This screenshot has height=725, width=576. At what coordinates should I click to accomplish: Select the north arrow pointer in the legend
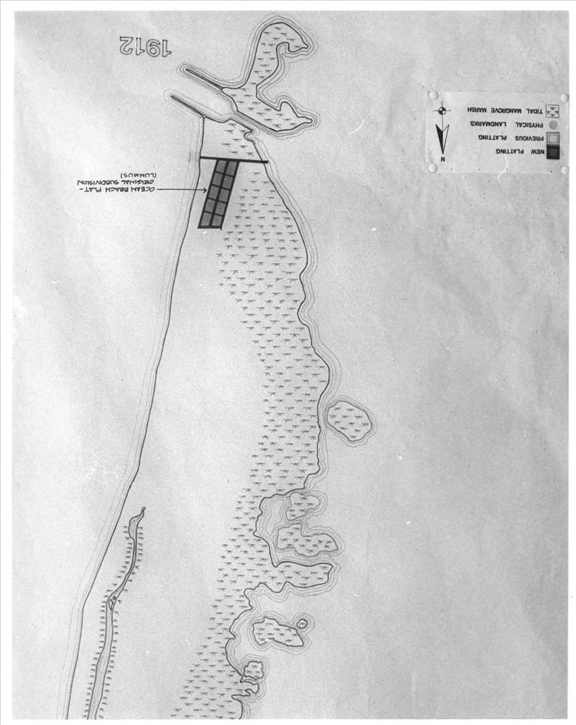(442, 137)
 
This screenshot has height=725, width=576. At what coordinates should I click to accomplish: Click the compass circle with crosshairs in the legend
(442, 111)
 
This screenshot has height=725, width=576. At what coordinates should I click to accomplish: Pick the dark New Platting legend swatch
(552, 152)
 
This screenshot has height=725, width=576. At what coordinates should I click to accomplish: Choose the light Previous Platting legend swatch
(552, 138)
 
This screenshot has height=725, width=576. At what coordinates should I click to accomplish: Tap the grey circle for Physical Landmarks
(553, 125)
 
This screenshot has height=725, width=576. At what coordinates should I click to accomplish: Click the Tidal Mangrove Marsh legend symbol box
(552, 111)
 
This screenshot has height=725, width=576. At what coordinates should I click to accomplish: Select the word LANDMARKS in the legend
(486, 125)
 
